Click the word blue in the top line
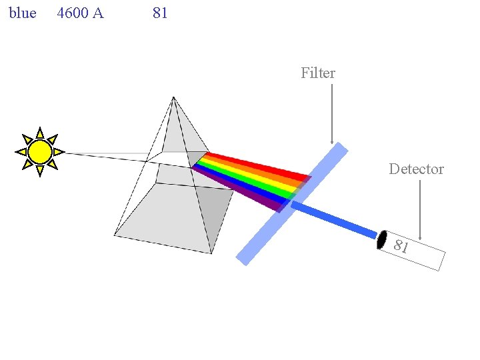coord(23,13)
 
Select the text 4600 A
coord(80,13)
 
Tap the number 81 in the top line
coord(160,13)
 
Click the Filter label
coord(318,73)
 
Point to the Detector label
coord(416,169)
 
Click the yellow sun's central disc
coord(40,152)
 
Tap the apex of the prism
coord(173,98)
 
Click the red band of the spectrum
coord(260,165)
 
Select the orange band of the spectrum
coord(257,171)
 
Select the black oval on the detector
coord(382,239)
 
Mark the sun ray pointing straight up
coord(40,133)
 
